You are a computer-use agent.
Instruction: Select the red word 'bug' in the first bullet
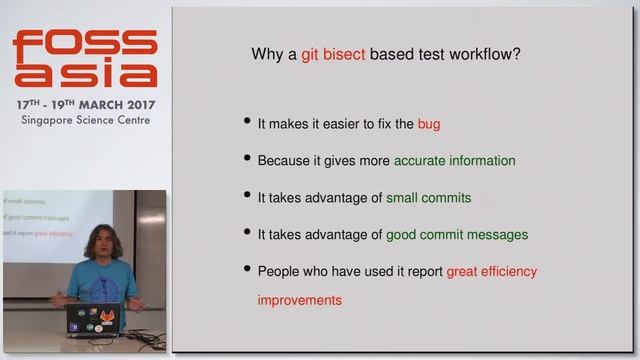point(428,125)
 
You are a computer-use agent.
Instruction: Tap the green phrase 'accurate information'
point(454,160)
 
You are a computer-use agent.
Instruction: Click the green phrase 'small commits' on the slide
point(428,198)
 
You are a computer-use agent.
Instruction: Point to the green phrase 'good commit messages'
point(457,235)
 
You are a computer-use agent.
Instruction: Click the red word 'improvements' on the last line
point(299,300)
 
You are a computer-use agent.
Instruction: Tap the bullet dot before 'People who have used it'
point(247,271)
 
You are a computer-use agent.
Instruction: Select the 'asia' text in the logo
point(84,75)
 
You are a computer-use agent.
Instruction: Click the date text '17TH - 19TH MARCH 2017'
point(84,104)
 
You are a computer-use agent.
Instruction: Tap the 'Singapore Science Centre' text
point(84,120)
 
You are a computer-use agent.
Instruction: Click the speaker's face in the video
point(101,245)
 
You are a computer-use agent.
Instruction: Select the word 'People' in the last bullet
point(279,271)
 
